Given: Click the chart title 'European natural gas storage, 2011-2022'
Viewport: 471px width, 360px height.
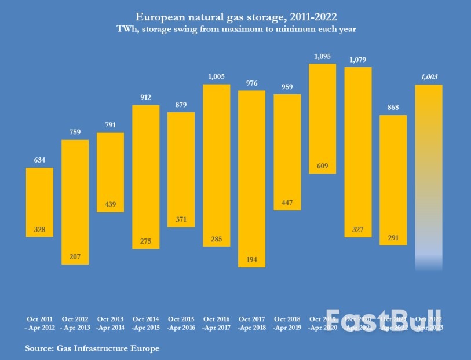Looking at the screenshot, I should (x=235, y=17).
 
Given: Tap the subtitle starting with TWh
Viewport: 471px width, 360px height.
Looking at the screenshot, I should (x=235, y=28).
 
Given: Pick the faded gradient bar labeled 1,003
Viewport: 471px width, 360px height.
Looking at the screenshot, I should (x=429, y=174).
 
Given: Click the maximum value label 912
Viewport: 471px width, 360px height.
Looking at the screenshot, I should (x=145, y=97).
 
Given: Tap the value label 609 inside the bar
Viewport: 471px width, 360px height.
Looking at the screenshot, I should (x=322, y=167).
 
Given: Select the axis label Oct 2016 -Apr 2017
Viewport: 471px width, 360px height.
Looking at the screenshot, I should (x=216, y=323).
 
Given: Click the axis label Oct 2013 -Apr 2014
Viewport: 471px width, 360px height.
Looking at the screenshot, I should (x=110, y=323).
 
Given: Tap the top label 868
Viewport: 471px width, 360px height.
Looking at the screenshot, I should (x=393, y=107).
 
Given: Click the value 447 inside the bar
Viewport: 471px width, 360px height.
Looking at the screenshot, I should (x=287, y=203).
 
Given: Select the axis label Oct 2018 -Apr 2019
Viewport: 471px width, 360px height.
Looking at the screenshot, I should (x=287, y=323).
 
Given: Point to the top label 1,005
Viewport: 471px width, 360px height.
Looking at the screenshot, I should (x=216, y=76).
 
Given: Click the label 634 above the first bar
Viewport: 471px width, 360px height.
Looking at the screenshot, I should (x=39, y=160).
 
